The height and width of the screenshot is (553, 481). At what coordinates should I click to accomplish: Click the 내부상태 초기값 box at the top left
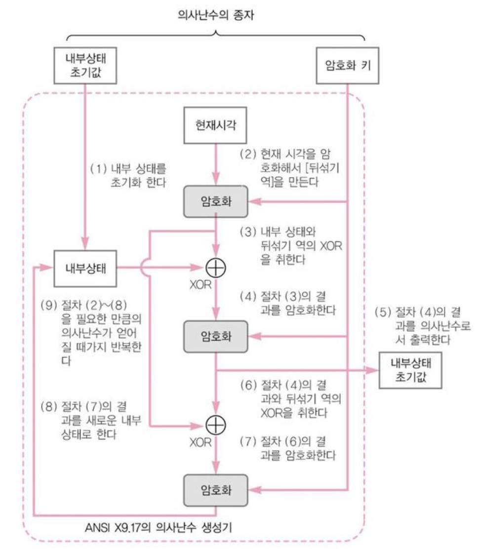[x=85, y=66]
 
